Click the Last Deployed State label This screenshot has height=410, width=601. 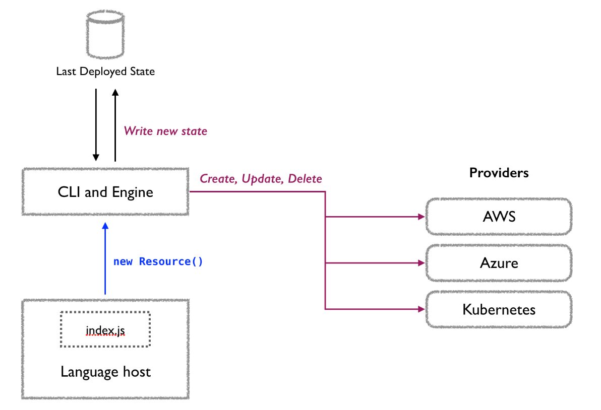click(x=105, y=72)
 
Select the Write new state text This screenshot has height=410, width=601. click(x=165, y=131)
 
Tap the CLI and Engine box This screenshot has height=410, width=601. click(x=105, y=192)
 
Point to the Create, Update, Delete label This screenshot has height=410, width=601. click(x=261, y=179)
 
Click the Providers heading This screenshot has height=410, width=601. click(x=499, y=173)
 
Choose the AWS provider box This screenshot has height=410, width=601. click(x=499, y=217)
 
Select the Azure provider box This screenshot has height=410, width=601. click(x=499, y=263)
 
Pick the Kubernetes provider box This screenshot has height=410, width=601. click(x=499, y=309)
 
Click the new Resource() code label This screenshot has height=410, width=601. click(x=158, y=262)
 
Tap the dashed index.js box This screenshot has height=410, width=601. click(x=105, y=329)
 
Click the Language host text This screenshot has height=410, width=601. click(x=105, y=372)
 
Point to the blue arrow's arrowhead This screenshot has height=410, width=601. click(x=105, y=227)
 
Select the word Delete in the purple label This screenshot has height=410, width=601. click(x=305, y=179)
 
